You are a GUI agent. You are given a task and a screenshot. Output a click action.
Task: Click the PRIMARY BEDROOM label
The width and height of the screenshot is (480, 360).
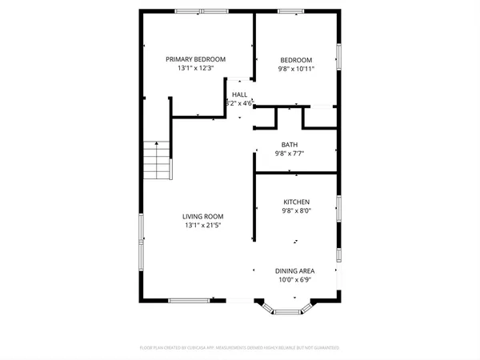[195, 59]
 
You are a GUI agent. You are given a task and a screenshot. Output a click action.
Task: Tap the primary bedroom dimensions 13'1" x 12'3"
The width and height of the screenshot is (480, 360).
[195, 69]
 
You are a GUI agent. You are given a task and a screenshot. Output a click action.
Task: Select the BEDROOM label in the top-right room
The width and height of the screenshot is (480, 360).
[295, 60]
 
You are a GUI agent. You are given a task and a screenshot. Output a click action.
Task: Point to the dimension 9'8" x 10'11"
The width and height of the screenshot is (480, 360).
[295, 70]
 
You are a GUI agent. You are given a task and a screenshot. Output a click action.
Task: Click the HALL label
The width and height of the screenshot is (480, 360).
[240, 94]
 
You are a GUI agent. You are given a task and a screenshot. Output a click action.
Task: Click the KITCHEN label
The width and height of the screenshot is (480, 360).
[296, 202]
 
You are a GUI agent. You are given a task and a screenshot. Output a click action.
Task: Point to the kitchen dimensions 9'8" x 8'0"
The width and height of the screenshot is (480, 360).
[296, 211]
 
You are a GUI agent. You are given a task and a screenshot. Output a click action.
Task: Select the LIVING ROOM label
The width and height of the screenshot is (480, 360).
[202, 216]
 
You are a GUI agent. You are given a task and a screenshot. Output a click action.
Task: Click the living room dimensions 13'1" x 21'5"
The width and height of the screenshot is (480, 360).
[202, 226]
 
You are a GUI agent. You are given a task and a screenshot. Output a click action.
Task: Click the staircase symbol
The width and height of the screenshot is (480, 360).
[158, 159]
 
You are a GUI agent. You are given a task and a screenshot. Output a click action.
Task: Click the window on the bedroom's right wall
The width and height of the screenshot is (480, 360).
[339, 56]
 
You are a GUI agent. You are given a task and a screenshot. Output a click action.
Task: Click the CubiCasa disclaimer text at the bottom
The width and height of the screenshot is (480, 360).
[240, 348]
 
